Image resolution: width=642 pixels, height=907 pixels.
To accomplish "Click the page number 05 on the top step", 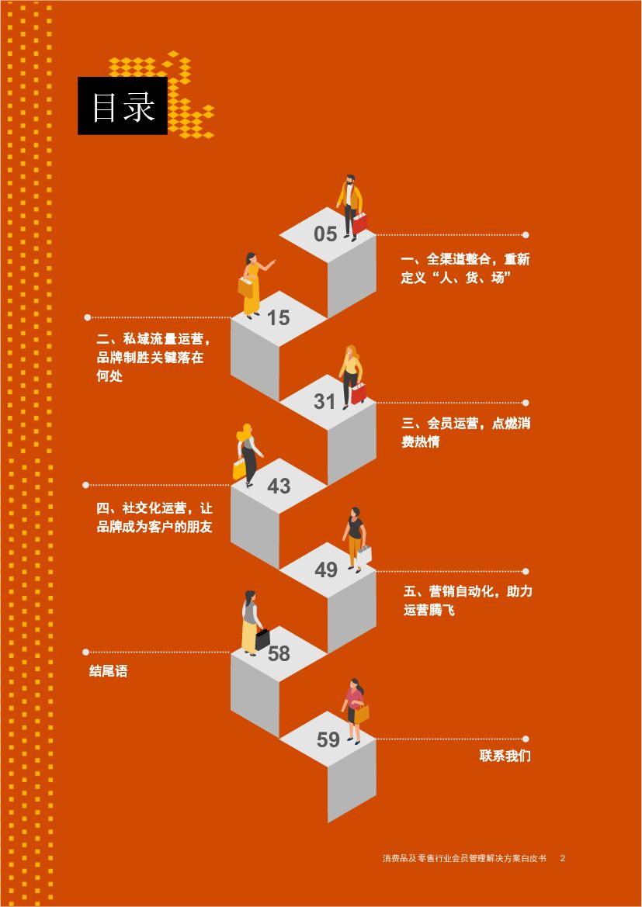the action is click(325, 234).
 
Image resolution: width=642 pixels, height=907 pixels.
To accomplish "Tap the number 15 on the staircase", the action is click(278, 317).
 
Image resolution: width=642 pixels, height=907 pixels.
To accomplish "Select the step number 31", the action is click(324, 401).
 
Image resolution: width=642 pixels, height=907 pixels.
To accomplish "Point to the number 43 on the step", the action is click(279, 486).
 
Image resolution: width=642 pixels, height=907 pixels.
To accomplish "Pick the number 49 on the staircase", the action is click(326, 569).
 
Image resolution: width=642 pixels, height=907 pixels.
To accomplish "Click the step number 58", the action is click(279, 653).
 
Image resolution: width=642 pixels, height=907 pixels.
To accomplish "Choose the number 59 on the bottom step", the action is click(328, 739).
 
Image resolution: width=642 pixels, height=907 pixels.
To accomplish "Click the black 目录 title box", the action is click(123, 106).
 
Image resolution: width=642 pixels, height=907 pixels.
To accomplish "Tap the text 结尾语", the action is click(108, 672).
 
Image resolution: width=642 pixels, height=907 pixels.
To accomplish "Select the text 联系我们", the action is click(505, 756).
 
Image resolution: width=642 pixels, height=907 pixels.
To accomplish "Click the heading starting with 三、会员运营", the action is click(465, 433).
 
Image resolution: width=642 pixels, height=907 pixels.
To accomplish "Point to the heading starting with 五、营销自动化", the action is click(467, 601).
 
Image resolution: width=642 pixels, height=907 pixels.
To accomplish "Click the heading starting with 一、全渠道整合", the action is click(465, 268).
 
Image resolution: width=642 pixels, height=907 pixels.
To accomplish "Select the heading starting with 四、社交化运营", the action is click(154, 518).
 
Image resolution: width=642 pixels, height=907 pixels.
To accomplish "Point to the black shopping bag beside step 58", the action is click(262, 639).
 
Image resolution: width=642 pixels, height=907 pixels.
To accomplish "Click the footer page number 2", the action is click(563, 858).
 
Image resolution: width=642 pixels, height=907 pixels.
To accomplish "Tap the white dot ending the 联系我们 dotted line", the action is click(526, 739).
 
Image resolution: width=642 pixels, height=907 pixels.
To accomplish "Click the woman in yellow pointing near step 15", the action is click(252, 283).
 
